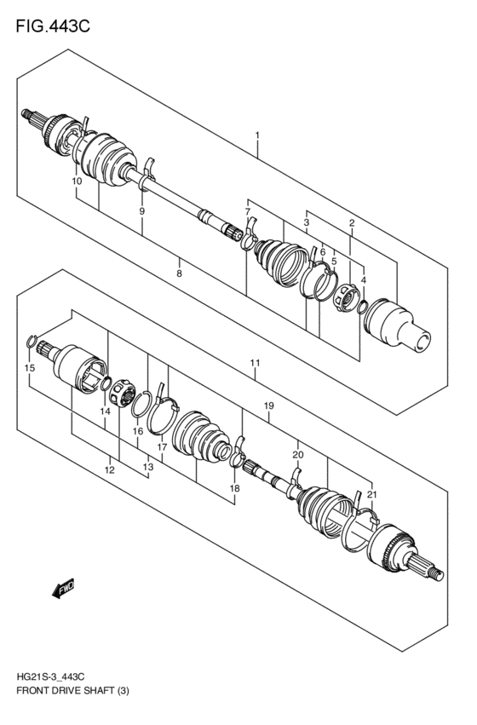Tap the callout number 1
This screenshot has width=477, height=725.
[x=256, y=135]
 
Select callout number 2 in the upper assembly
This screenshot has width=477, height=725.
[x=351, y=223]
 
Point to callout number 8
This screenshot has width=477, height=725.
[x=179, y=273]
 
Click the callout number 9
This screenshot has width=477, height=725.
[x=142, y=210]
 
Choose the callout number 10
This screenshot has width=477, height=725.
[x=76, y=181]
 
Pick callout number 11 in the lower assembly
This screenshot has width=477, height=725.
[x=255, y=364]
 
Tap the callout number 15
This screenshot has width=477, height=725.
[x=30, y=368]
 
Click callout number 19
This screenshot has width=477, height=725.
[x=268, y=406]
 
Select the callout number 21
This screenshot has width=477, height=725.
[x=371, y=495]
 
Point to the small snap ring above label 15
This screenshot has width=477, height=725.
[x=33, y=342]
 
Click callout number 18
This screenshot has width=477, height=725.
[x=234, y=488]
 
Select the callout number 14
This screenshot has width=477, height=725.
[x=105, y=411]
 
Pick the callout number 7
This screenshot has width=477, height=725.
[x=247, y=211]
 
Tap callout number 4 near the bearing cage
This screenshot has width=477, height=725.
[x=364, y=279]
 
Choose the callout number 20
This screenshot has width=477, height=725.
[x=297, y=455]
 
